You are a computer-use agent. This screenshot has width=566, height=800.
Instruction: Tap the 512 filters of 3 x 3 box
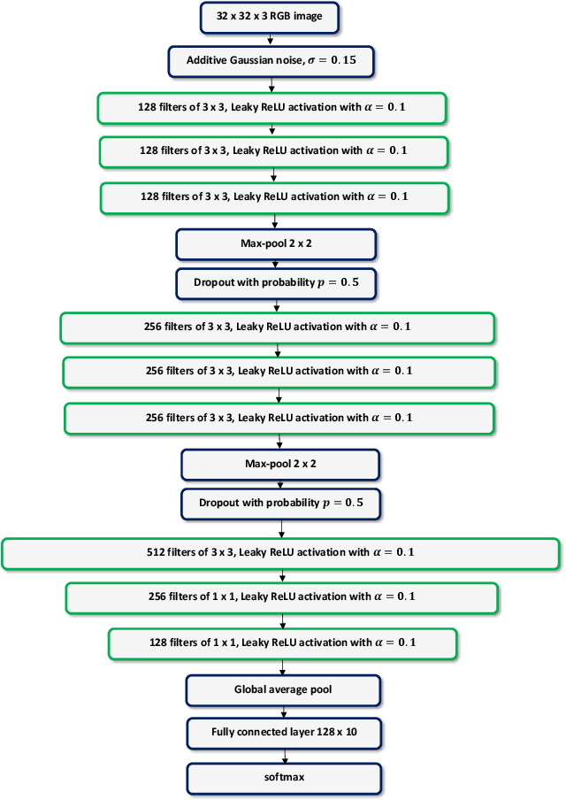pos(281,552)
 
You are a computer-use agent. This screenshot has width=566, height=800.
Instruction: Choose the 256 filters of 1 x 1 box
pos(281,596)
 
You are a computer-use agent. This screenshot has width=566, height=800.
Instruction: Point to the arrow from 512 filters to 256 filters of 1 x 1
pos(281,574)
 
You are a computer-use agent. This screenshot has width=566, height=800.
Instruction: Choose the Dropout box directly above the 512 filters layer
pos(281,503)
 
